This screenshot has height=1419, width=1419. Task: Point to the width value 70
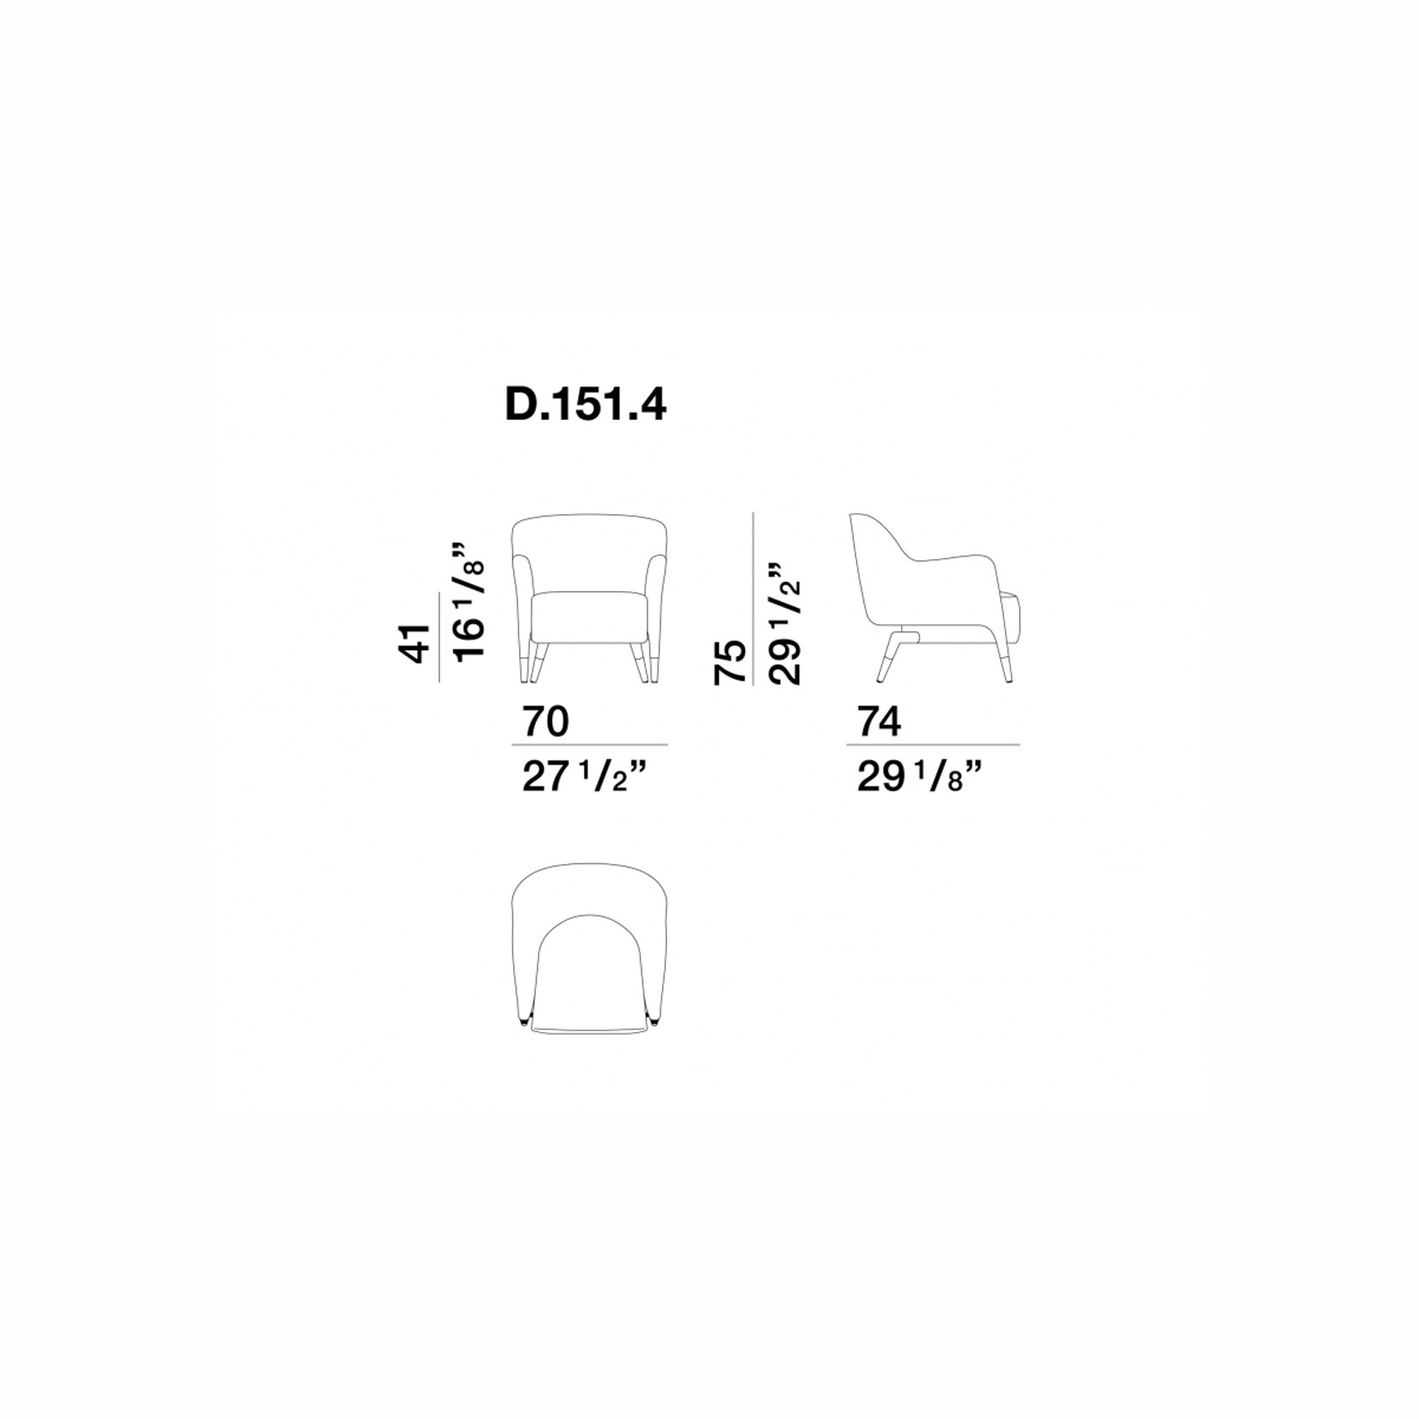tap(546, 722)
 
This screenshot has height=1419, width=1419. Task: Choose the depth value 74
tap(880, 722)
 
